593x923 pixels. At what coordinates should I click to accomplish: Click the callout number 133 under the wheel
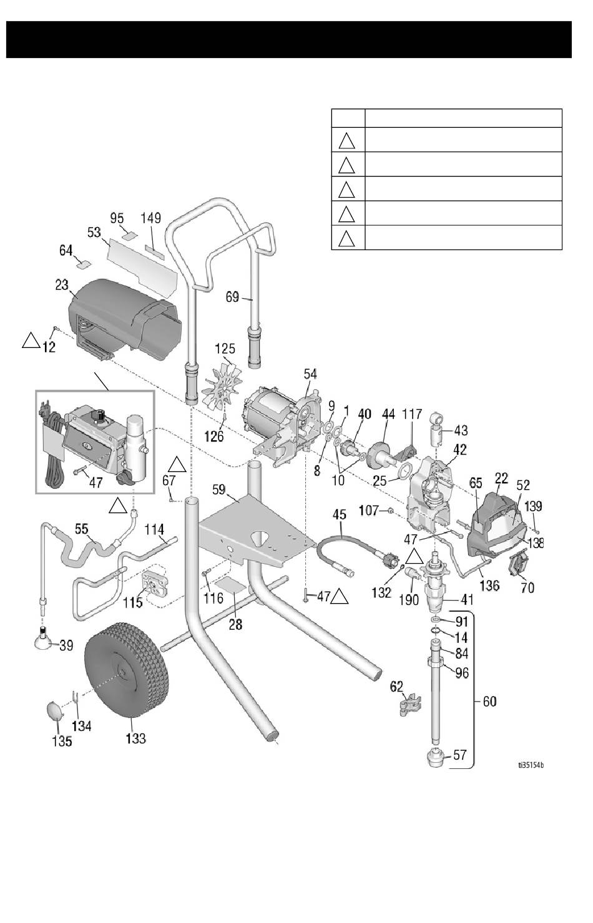click(x=135, y=738)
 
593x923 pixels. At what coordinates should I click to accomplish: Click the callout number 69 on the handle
click(x=232, y=297)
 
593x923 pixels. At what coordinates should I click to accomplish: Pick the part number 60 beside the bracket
click(x=490, y=702)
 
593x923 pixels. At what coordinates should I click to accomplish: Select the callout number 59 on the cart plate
click(x=218, y=490)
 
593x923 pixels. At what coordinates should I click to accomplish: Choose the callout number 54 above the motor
click(x=310, y=374)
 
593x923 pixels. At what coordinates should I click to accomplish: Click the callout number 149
click(x=150, y=218)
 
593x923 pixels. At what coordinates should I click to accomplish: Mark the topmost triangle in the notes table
click(x=348, y=140)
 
